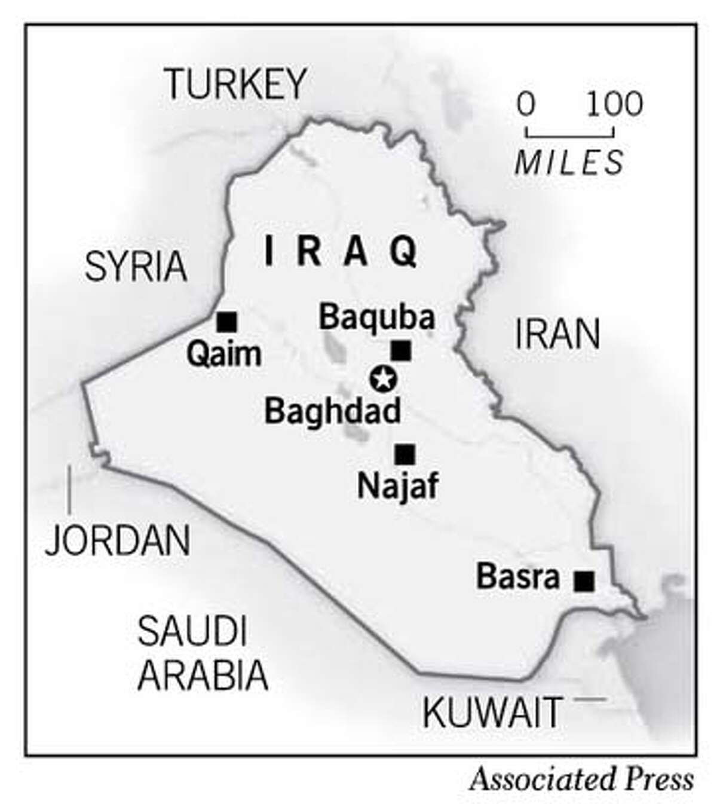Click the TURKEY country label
(x=236, y=83)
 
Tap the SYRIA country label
(x=136, y=267)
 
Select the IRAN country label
(x=557, y=334)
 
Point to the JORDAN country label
(x=118, y=540)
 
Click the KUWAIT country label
(x=492, y=712)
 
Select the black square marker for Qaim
(x=227, y=322)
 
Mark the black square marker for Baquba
(x=400, y=350)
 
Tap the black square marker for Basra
(x=584, y=580)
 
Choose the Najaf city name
(x=397, y=486)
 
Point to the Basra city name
(x=518, y=577)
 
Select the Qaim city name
(x=224, y=354)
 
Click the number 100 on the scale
(x=614, y=104)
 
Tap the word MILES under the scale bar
(x=569, y=161)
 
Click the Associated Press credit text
(x=581, y=779)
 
